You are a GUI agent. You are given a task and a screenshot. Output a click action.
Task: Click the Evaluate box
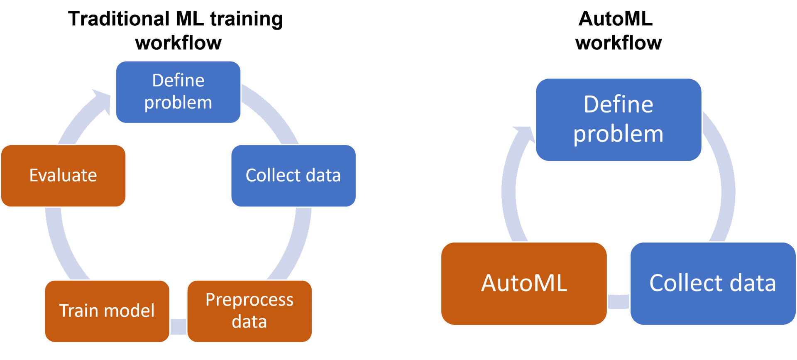tap(64, 176)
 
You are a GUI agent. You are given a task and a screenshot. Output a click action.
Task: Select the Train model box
tap(107, 311)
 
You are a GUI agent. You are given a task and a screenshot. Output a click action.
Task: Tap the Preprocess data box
tap(249, 311)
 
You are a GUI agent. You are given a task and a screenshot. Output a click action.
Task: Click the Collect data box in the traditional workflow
tap(293, 176)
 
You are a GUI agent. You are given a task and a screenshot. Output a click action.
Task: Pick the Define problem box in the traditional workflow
tap(178, 92)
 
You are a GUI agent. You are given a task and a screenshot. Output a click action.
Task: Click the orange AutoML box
tap(524, 283)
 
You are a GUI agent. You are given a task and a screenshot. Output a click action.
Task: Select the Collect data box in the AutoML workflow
tap(712, 283)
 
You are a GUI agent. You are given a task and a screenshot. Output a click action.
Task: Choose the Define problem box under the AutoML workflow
tap(619, 119)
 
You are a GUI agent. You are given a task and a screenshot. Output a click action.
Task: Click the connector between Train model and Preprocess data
tap(178, 326)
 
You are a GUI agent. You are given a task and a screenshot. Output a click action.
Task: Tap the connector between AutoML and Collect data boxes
tap(619, 302)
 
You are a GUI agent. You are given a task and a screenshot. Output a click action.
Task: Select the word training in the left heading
tap(246, 19)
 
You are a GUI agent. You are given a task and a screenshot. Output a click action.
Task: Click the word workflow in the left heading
tap(178, 43)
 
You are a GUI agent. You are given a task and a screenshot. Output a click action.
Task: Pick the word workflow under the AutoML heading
tap(619, 43)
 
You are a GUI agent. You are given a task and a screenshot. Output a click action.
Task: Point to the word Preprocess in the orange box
tap(249, 300)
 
